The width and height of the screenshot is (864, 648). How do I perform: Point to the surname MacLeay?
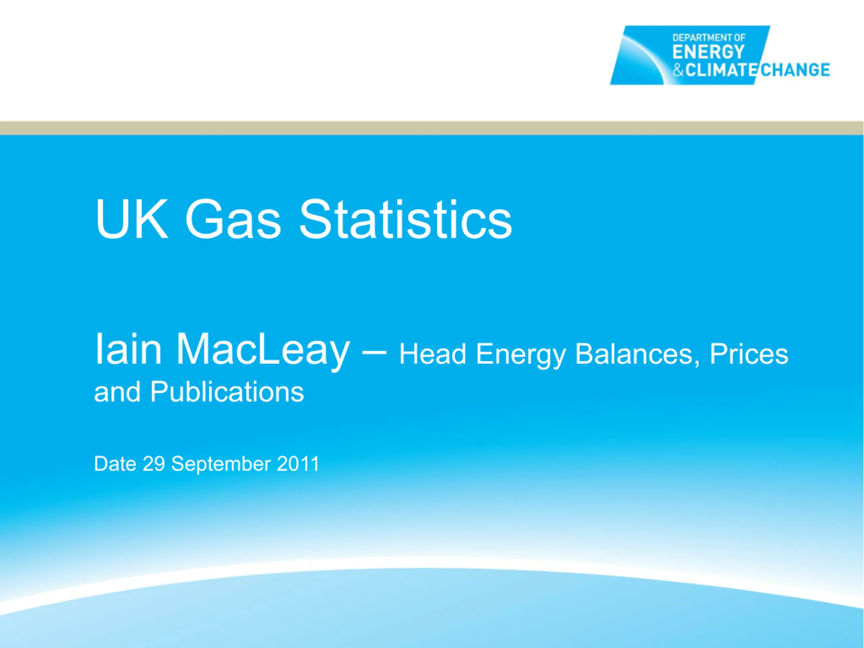263,352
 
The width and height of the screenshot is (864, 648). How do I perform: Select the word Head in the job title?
432,354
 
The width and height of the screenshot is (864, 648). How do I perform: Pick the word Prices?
749,354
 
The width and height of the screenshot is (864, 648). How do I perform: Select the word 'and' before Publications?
117,392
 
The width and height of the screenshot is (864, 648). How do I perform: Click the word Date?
115,464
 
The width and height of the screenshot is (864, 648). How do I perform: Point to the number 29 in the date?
154,464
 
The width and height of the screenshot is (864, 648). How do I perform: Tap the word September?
221,465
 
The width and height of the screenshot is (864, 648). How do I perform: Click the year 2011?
298,464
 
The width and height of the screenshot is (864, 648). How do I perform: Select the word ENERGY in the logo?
708,52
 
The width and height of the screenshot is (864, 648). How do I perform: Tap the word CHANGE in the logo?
795,70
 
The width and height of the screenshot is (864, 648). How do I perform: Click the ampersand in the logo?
678,70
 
